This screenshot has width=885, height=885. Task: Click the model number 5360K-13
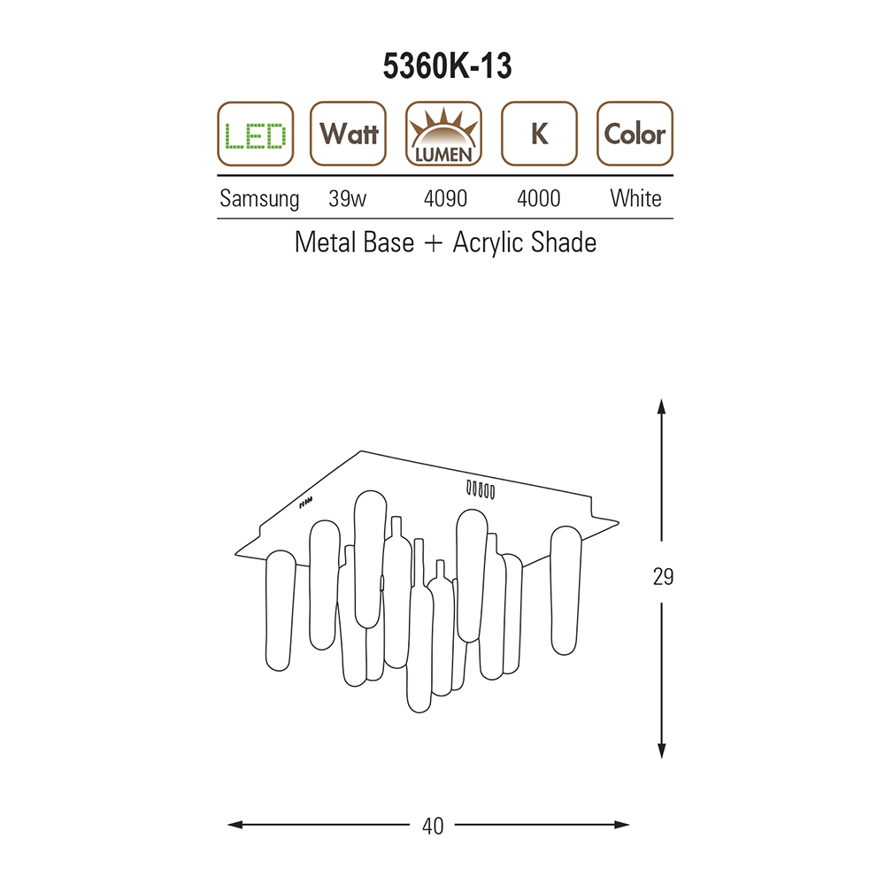[447, 66]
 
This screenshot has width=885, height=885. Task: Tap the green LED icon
[256, 135]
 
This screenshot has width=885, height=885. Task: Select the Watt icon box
[348, 135]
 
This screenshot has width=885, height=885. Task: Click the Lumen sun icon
[443, 135]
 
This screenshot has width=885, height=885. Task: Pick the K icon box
[539, 135]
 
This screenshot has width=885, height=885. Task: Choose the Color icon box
[635, 135]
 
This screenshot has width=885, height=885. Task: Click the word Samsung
[259, 198]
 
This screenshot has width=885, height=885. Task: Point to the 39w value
[348, 198]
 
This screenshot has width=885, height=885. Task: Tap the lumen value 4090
[445, 198]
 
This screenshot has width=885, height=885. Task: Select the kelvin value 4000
[538, 198]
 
